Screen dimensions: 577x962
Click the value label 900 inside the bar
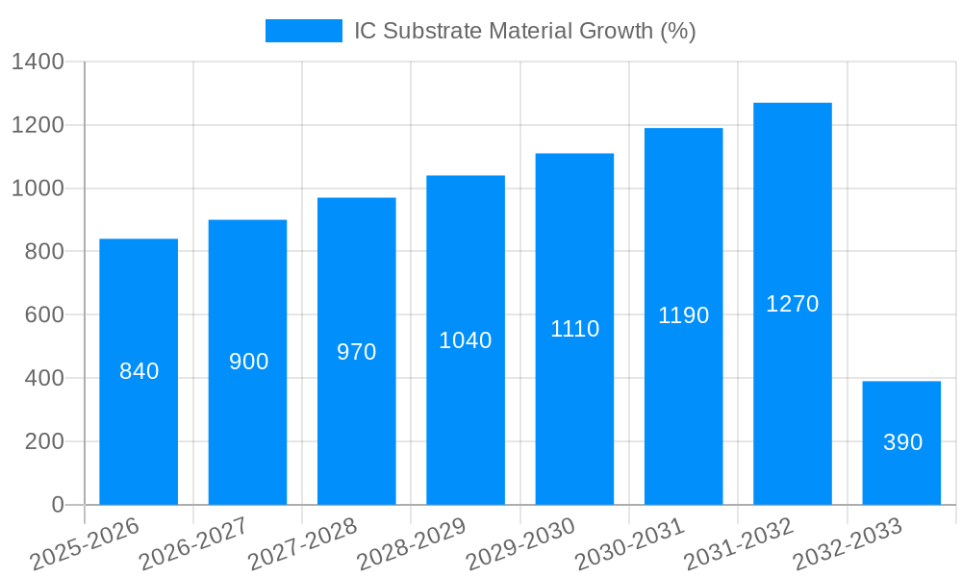click(x=248, y=362)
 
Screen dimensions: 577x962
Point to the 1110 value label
click(x=574, y=329)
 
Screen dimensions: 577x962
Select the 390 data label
click(x=902, y=442)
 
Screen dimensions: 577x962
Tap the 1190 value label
click(x=683, y=315)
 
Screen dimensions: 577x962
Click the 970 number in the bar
click(x=356, y=352)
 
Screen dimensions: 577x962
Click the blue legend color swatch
click(x=303, y=31)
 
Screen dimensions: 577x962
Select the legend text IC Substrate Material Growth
click(x=524, y=31)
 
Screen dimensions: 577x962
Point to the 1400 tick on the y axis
click(x=38, y=63)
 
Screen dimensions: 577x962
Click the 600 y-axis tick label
click(x=44, y=315)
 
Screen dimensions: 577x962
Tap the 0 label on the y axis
click(x=58, y=505)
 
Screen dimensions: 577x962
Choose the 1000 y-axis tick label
click(x=38, y=188)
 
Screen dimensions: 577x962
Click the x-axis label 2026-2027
click(x=193, y=544)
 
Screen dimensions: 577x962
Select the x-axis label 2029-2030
click(x=520, y=544)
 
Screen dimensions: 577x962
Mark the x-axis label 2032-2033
click(x=848, y=544)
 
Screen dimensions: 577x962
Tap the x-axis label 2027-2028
click(x=302, y=544)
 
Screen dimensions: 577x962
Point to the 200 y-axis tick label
click(x=44, y=441)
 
